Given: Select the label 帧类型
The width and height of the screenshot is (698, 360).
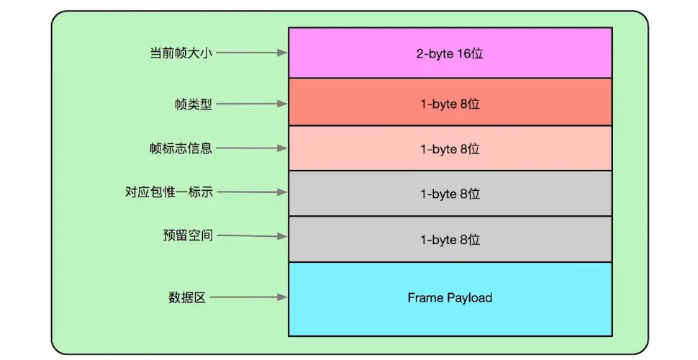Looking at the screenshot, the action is coord(193,104).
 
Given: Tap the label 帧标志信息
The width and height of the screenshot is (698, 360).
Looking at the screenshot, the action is coord(181,148).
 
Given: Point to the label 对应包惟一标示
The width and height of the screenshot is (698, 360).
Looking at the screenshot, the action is coord(169,192).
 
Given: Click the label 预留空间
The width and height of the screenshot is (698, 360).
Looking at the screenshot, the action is coord(187,235).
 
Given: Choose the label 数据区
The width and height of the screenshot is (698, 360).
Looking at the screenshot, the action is coord(187,297).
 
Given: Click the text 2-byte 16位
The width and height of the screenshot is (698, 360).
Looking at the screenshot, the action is coord(450,53).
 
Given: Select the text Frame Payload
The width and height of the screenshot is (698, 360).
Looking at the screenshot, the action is coord(450,297).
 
